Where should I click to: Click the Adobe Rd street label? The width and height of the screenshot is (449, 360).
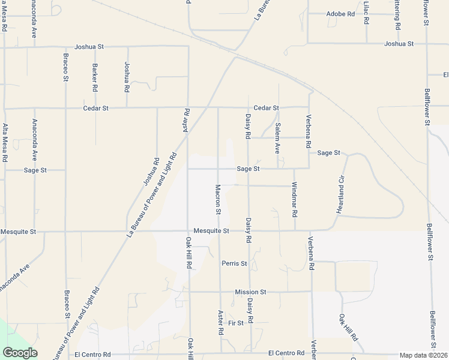click(x=340, y=13)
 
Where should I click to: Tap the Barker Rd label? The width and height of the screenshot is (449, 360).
click(x=95, y=77)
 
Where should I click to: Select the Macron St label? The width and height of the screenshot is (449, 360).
click(x=218, y=199)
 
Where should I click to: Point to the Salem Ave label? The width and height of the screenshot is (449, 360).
click(x=278, y=137)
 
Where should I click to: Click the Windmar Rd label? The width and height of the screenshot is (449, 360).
click(x=295, y=199)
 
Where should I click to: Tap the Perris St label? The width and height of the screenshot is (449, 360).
click(x=234, y=263)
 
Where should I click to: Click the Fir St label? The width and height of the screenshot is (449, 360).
click(x=235, y=323)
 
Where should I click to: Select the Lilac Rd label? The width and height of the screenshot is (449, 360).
click(x=366, y=12)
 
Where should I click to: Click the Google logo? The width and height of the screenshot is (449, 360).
click(x=20, y=353)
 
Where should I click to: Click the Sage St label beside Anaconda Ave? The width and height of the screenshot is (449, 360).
click(x=35, y=170)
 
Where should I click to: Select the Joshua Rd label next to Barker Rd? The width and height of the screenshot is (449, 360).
click(x=127, y=77)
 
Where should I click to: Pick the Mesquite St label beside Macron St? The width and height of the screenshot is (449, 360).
click(x=211, y=231)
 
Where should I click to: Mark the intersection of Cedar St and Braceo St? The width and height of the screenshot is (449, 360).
click(x=65, y=109)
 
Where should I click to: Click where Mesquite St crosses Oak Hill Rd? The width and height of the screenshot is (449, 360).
click(x=188, y=231)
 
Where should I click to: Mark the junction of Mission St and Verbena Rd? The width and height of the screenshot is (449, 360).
click(x=312, y=292)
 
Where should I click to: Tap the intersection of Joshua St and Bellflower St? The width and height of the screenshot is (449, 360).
click(x=427, y=43)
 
